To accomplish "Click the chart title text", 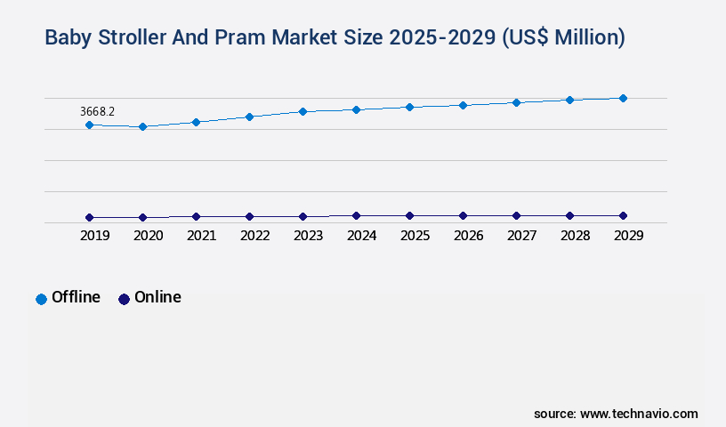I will coord(335,38).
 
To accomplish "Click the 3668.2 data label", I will coord(97,111).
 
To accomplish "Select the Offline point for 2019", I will coord(89,125).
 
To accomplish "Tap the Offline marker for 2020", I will coord(142,127).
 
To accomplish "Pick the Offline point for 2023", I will coord(302,111).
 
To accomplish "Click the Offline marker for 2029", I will coord(623,98).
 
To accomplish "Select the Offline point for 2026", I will coord(463,105).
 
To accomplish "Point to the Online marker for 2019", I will coord(89,217).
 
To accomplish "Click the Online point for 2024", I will coord(356,215).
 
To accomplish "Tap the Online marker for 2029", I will coord(623,215).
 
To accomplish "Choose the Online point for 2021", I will coord(196,216).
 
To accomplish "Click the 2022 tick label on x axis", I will coord(254,236).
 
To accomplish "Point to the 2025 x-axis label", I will coord(415,236).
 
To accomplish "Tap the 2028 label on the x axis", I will coord(575,236).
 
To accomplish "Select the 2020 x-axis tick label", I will coord(148,236).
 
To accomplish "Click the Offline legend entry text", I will coord(76,297).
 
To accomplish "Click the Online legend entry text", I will coord(157,297).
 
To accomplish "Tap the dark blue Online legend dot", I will coord(124,299).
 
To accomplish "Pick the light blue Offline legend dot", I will coord(41,299).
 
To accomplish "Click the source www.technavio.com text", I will coord(616,414).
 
